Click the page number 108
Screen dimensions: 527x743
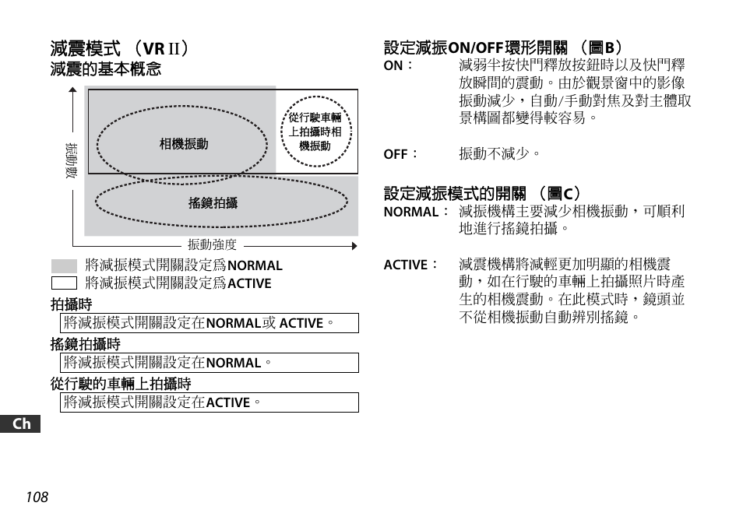tap(37, 497)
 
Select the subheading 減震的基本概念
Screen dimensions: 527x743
tap(106, 69)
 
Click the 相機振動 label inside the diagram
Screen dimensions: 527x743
tap(184, 144)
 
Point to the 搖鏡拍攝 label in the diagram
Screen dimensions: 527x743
tap(213, 203)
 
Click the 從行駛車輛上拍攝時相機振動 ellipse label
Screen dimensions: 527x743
tap(315, 132)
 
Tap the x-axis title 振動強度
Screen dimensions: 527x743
tap(212, 245)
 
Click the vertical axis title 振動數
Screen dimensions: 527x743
tap(71, 161)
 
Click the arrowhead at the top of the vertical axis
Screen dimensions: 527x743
tap(72, 90)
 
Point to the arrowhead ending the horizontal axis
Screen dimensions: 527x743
tap(354, 246)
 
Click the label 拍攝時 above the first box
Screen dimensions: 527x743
tap(72, 304)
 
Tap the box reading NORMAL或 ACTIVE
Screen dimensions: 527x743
tap(210, 323)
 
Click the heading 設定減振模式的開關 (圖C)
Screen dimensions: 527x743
tap(482, 193)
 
